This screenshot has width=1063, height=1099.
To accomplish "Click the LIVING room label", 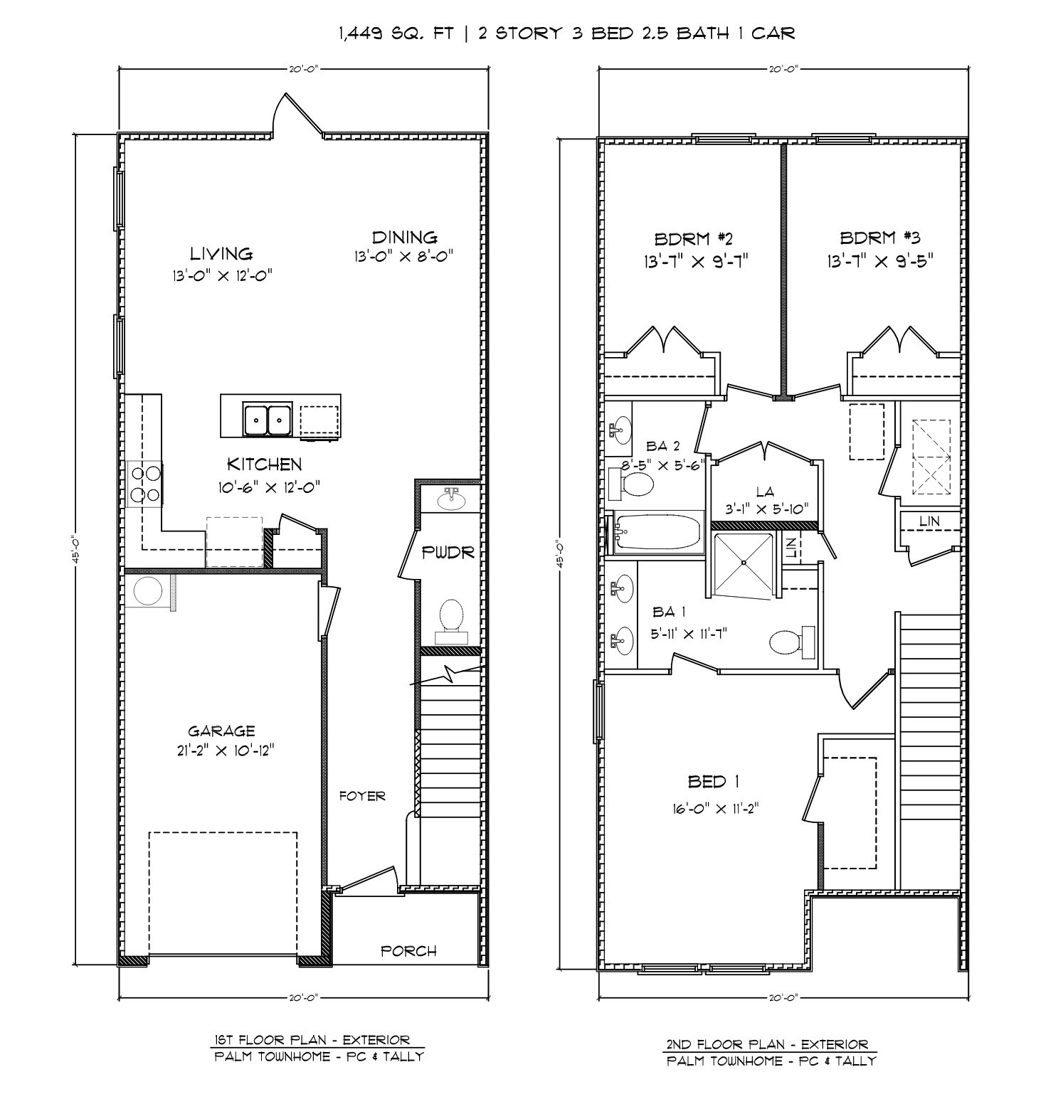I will coord(221,253).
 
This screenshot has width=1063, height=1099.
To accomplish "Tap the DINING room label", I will coord(404,237).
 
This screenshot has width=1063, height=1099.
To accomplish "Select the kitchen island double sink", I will coord(267,419).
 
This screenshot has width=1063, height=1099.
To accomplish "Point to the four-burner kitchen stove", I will coord(144,484).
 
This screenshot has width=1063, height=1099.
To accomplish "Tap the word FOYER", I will coord(362,796).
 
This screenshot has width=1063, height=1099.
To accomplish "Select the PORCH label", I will coord(408,950).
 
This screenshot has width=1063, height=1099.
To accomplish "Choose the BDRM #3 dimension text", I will coord(879,260).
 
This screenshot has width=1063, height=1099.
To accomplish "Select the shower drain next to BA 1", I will coord(743,562).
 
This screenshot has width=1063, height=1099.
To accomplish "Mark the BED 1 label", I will coord(714,782).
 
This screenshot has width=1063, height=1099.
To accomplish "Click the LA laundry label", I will coord(765,492).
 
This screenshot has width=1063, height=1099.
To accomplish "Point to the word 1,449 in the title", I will coord(361,33).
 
